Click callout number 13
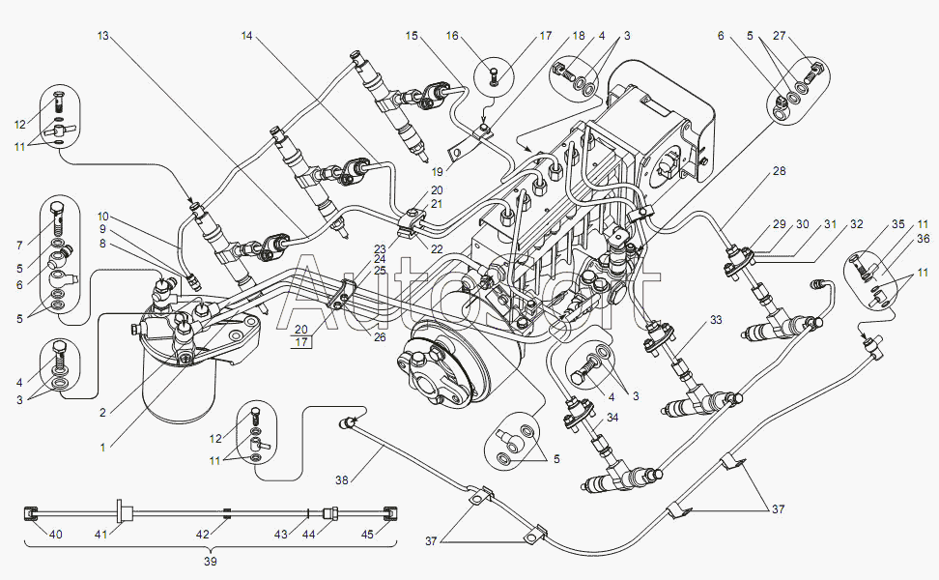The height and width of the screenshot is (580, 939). click(x=103, y=36)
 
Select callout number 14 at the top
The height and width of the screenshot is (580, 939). click(x=246, y=36)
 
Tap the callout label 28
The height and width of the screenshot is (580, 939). click(x=779, y=171)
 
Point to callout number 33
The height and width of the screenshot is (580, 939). click(x=715, y=320)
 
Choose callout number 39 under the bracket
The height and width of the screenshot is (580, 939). click(x=211, y=561)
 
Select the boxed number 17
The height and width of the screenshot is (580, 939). click(x=300, y=341)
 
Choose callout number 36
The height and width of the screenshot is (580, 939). click(x=924, y=238)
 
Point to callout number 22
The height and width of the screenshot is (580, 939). click(x=438, y=249)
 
